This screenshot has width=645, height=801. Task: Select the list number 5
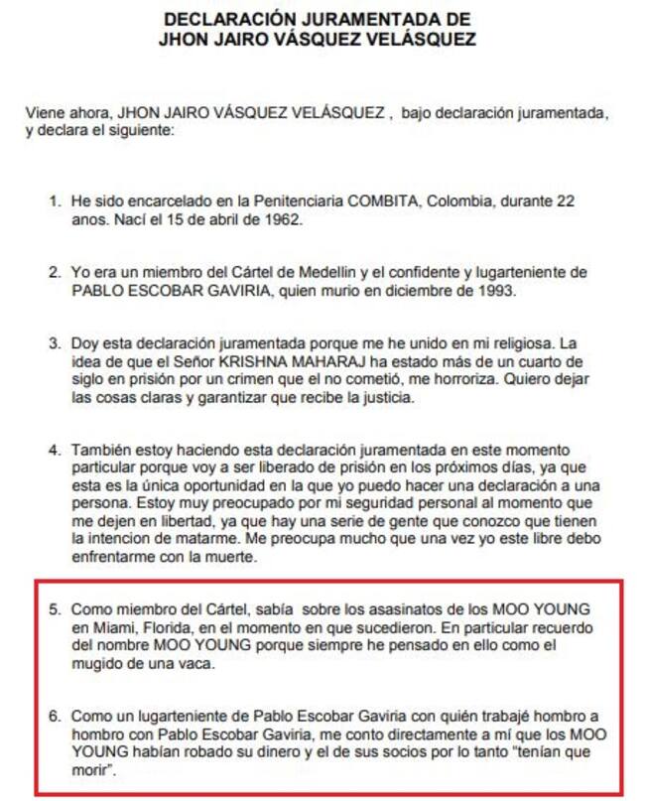(56, 610)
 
